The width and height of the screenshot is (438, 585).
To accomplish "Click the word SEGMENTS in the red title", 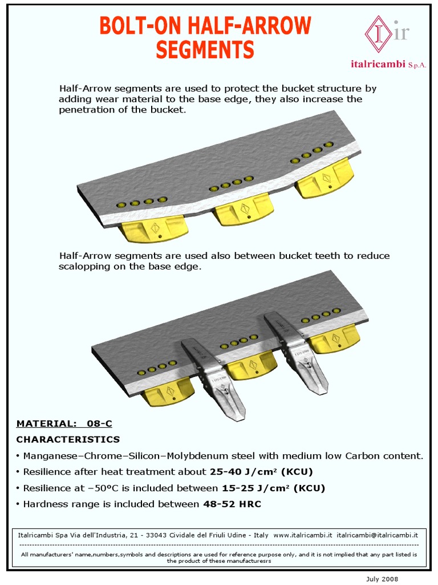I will pos(205,50).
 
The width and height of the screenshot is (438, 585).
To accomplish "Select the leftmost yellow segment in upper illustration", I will pos(152,230).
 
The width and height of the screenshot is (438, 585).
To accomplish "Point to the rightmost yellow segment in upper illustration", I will pos(323,179).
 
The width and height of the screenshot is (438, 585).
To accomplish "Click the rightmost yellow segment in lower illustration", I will pos(334,339).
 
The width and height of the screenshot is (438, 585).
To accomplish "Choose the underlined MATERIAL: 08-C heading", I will pos(64,423).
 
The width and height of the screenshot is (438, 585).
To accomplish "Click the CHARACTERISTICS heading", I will pos(68,439).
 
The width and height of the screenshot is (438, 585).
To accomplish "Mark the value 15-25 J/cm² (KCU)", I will pos(273,488).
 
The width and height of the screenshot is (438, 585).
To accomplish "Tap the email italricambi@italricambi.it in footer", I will pos(378,535).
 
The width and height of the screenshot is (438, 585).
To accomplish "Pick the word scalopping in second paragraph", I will pos(83,267).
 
